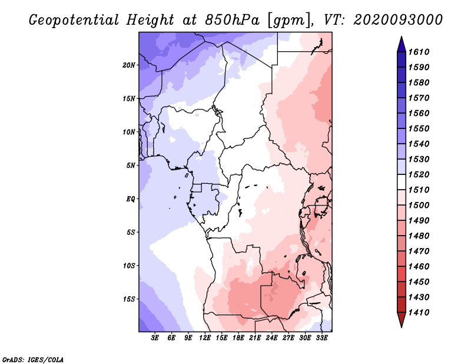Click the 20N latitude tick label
(x=129, y=65)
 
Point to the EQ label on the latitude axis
(x=131, y=199)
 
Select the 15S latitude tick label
(x=129, y=299)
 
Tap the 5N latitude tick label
(x=131, y=166)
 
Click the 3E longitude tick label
(x=155, y=337)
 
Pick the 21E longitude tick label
(x=255, y=337)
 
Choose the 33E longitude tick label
(x=321, y=337)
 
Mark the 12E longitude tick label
(x=205, y=337)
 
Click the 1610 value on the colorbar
(x=419, y=52)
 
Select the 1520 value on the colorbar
(x=419, y=174)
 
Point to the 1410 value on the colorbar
(x=419, y=312)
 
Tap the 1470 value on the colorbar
(x=419, y=251)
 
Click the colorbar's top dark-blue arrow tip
(x=402, y=37)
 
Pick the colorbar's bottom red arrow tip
(x=402, y=327)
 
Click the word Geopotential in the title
(x=74, y=20)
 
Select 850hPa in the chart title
(x=232, y=20)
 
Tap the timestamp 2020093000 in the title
(x=398, y=20)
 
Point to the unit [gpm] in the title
(x=288, y=21)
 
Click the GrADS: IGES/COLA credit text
(x=33, y=359)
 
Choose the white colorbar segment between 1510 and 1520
(x=402, y=182)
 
